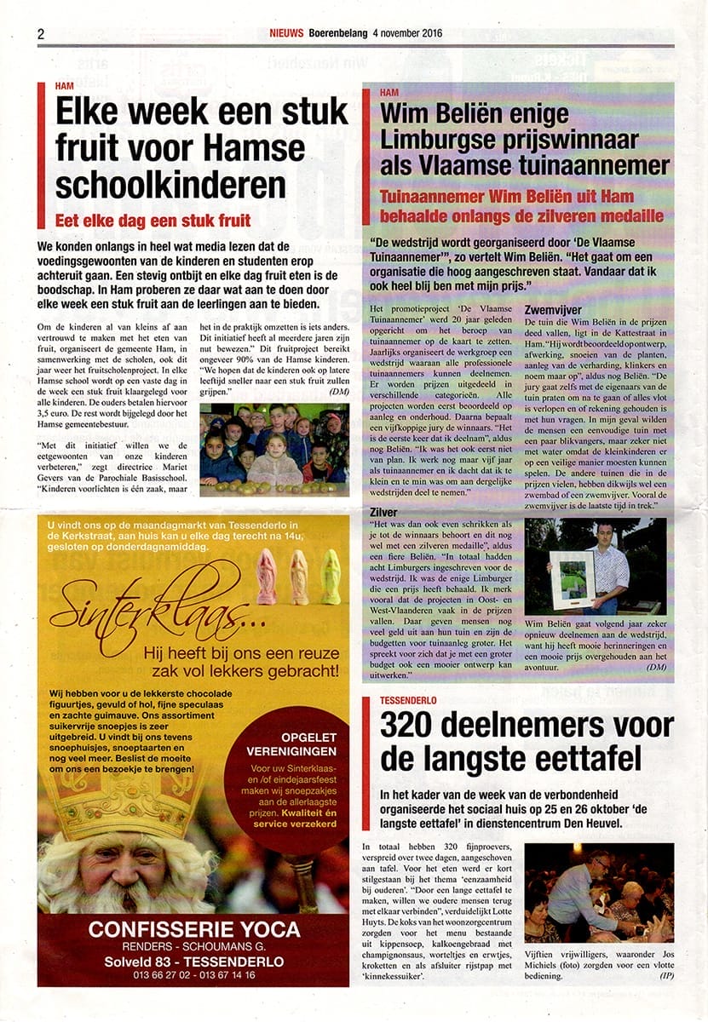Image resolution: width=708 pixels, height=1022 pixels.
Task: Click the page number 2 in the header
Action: tap(41, 33)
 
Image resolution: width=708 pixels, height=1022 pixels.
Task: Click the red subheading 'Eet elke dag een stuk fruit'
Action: tap(152, 221)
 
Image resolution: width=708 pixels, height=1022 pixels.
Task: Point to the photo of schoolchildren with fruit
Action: tap(273, 449)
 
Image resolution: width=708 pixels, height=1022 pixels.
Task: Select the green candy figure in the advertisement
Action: tap(330, 577)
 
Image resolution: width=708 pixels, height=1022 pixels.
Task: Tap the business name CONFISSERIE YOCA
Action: tap(194, 928)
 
